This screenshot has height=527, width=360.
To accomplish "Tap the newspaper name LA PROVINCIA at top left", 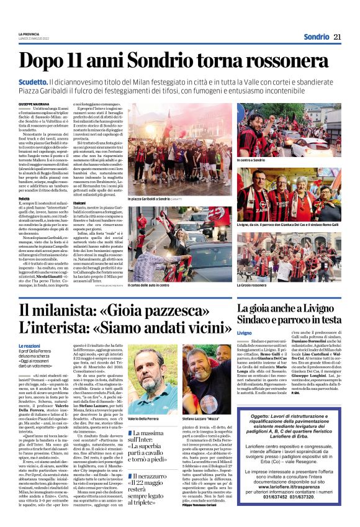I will pyautogui.click(x=29, y=34).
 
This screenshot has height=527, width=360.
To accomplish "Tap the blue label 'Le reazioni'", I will pyautogui.click(x=30, y=345).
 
